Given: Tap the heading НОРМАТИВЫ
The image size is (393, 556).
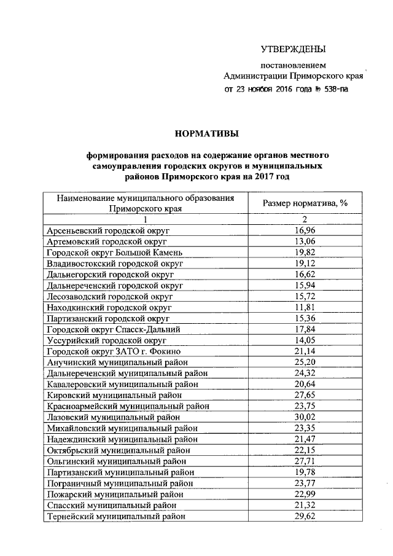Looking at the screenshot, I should coord(206,133).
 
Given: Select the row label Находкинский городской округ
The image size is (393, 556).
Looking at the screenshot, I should coord(109,307).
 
